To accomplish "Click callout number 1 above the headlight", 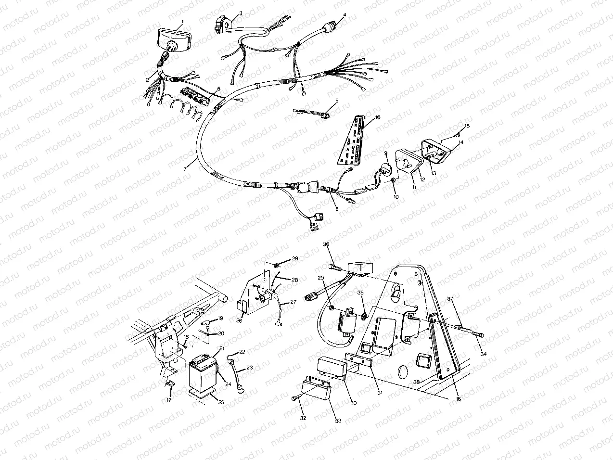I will (x=182, y=23).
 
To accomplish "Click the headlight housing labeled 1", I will (x=175, y=38).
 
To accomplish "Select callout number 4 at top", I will (x=345, y=15).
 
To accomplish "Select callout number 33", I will (x=338, y=421).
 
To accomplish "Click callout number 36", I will (x=326, y=244).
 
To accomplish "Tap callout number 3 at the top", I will (x=240, y=13).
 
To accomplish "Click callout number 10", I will (x=396, y=197).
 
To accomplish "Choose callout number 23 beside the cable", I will (x=250, y=368).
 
